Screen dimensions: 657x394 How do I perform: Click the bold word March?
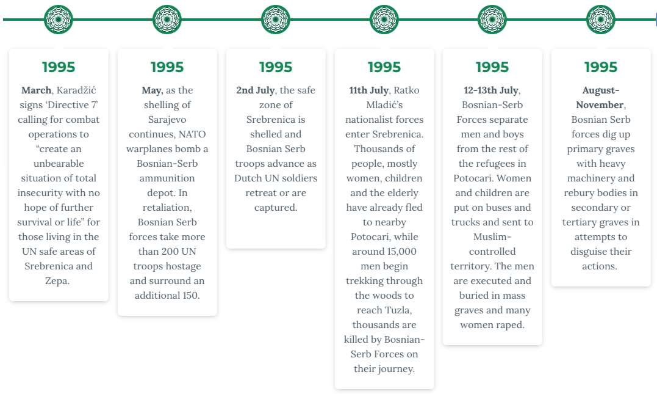tap(37, 90)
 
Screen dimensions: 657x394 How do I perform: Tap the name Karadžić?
tap(76, 90)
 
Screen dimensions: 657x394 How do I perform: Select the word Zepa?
tap(57, 281)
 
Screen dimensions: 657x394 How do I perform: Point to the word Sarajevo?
tap(167, 120)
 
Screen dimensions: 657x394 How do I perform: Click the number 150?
tap(190, 296)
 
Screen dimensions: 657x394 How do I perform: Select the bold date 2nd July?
tap(256, 90)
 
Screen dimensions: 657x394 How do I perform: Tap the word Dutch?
tap(248, 178)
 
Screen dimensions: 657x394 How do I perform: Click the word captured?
tap(276, 208)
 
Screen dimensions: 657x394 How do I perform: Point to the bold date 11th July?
tap(368, 90)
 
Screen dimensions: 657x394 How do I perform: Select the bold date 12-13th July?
tap(491, 90)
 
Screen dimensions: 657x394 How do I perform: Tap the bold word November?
tap(600, 105)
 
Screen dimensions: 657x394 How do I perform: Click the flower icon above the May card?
tap(167, 20)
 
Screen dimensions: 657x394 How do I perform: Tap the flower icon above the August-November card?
tap(600, 20)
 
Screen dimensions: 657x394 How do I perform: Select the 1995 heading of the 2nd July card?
tap(276, 67)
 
